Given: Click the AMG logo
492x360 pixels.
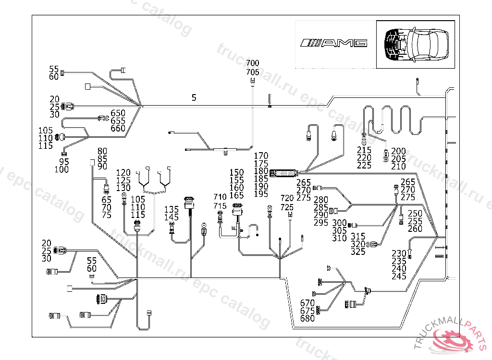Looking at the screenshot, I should coord(334,43).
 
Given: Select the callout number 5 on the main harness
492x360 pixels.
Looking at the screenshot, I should coord(194,98).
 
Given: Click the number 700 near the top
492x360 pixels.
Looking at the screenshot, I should coord(252,63).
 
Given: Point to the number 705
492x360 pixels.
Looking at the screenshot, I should coord(252,72).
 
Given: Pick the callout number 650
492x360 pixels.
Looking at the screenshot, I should coord(118,113).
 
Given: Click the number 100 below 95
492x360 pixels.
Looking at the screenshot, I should coord(61,169).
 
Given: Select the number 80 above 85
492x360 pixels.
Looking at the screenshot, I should coord(102,151).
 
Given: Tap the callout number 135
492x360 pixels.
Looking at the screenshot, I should coord(172,210).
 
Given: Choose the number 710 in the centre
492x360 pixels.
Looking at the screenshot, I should coord(220,197).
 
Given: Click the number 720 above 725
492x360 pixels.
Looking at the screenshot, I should coord(287,198).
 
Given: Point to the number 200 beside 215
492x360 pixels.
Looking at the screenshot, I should coord(398,151).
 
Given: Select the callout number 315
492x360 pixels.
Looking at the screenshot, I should coord(358,237).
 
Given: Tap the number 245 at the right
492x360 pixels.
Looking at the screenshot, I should coord(399,276).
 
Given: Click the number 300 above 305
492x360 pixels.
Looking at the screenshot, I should coord(339,223).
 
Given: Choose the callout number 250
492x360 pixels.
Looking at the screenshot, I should coord(415,214).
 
